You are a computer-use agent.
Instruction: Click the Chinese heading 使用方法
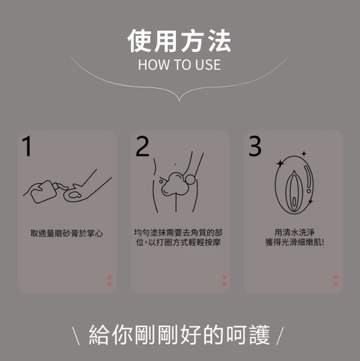point(179,41)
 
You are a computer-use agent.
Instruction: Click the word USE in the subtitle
point(208,65)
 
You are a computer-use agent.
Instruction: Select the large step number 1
point(27,147)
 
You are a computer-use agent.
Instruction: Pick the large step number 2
point(142,147)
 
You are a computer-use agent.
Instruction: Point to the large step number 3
point(255,146)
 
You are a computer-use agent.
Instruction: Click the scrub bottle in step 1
point(44,191)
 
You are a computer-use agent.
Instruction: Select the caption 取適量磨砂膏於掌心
point(66,233)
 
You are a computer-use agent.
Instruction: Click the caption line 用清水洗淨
point(294,232)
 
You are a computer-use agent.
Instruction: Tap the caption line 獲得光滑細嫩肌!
point(294,242)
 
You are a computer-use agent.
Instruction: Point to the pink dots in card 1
point(109,281)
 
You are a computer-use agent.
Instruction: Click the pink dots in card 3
point(336,281)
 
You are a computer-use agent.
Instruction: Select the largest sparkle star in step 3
point(280,164)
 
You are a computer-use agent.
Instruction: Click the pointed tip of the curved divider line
point(179,101)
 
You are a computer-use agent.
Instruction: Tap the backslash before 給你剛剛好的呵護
point(76,336)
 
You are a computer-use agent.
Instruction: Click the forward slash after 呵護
point(280,336)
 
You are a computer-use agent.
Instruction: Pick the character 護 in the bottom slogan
point(260,335)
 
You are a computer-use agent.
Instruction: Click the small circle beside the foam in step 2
point(191,180)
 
